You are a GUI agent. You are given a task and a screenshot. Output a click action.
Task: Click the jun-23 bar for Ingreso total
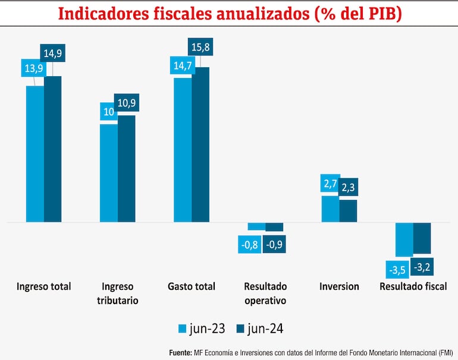point(35,154)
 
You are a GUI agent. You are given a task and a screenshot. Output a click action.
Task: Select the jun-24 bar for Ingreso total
point(53,149)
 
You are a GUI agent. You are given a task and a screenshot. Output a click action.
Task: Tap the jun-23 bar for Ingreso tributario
point(109,173)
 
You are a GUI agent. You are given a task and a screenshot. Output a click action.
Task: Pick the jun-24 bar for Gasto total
point(200,145)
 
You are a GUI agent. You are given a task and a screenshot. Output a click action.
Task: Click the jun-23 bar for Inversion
point(330,208)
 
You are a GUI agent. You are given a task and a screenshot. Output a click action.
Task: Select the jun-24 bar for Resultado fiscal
point(422,237)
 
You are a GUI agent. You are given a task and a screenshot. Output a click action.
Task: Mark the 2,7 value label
point(330,183)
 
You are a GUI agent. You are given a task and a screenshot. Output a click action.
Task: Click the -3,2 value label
point(422,267)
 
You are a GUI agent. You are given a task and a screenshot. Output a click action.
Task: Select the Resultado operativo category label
point(265,293)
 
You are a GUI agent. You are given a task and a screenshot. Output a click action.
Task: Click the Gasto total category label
point(192,286)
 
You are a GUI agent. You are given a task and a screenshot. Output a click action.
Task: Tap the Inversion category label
point(339,286)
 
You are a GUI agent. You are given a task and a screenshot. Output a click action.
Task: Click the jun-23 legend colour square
point(183,328)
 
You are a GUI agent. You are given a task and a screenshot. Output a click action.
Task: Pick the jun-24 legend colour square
point(240,328)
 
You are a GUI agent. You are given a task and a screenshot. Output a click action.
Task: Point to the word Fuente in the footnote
point(180,352)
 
